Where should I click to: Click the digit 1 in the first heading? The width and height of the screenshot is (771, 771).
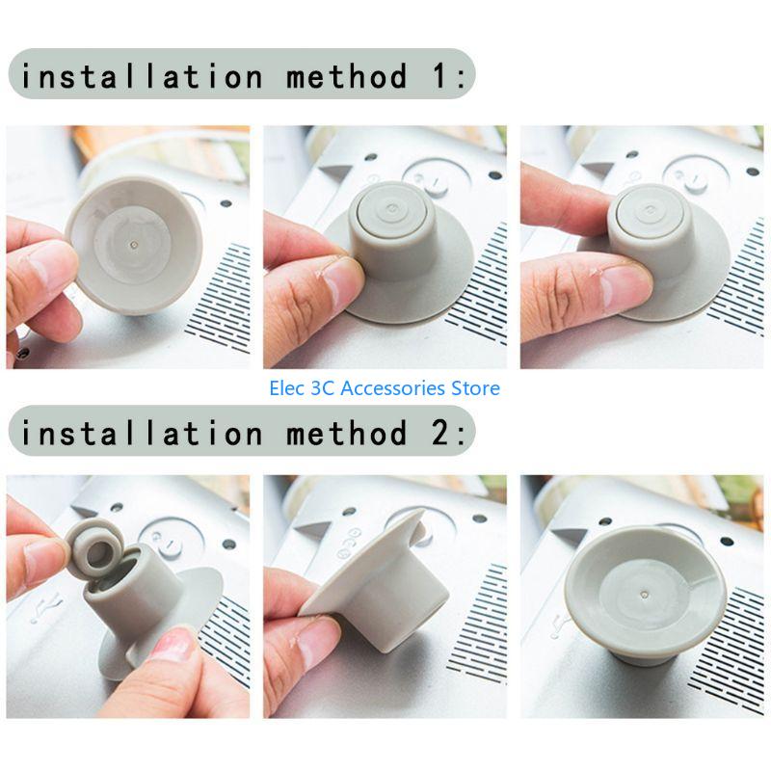440,76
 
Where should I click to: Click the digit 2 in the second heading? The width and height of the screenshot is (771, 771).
440,433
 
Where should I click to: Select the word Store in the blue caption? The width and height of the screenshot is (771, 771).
475,388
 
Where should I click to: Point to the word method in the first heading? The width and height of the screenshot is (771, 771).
347,76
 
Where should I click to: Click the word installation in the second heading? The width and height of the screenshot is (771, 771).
142,433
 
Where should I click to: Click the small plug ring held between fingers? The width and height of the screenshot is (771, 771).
94,546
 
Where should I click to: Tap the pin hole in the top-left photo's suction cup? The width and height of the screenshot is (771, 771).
135,243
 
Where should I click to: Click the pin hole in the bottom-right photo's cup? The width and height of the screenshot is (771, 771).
645,595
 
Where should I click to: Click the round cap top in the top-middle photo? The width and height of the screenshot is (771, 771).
391,209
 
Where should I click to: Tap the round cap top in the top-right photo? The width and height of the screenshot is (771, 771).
650,210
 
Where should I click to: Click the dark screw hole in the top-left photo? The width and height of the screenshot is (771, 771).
226,203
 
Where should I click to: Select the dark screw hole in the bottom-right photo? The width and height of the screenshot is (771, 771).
727,542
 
